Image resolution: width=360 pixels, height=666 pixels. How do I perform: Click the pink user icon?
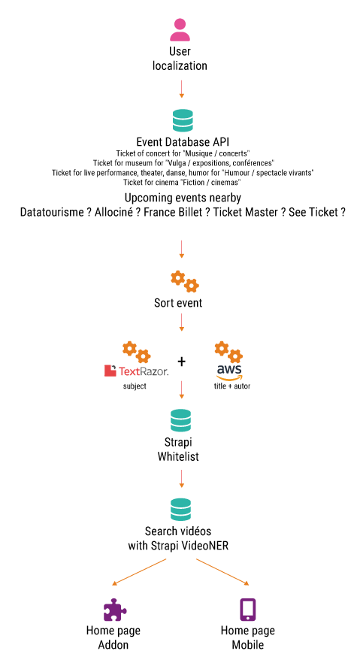(x=180, y=30)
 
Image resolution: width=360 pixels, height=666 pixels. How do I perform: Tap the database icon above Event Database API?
(x=183, y=120)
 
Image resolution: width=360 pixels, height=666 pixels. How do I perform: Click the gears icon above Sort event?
(x=185, y=282)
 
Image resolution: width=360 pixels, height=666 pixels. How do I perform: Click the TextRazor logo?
(x=136, y=371)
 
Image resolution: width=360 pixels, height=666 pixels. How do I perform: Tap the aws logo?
(x=228, y=372)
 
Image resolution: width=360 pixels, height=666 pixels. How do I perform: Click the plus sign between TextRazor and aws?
(x=182, y=362)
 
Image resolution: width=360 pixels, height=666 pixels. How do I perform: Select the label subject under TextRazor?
(x=135, y=386)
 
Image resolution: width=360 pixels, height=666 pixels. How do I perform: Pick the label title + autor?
(x=231, y=386)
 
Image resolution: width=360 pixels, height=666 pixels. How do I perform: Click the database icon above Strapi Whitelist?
(x=181, y=420)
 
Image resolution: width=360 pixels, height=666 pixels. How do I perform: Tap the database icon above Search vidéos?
(x=181, y=509)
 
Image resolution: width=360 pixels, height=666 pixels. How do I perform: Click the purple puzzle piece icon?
(x=115, y=610)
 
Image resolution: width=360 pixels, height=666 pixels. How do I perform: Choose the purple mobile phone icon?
(x=248, y=610)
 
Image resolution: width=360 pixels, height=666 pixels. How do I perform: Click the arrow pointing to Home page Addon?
(x=139, y=572)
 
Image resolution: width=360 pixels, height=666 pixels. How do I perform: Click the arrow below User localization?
(x=182, y=89)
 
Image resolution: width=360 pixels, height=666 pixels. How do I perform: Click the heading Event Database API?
(x=183, y=142)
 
